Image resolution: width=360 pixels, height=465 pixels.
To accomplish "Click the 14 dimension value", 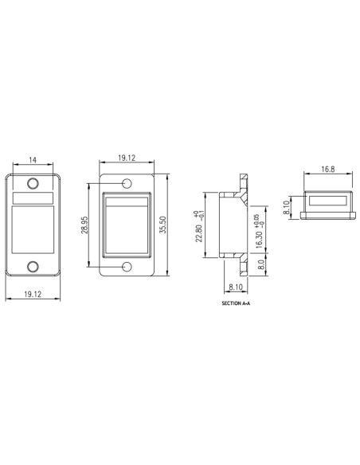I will pyautogui.click(x=32, y=161).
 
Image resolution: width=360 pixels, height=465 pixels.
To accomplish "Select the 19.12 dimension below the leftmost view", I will pyautogui.click(x=32, y=294).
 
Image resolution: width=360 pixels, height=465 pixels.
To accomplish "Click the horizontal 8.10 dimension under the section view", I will pyautogui.click(x=237, y=290).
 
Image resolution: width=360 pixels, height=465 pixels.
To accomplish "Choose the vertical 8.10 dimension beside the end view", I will pyautogui.click(x=287, y=208).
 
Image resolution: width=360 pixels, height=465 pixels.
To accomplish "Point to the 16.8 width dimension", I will pyautogui.click(x=327, y=170).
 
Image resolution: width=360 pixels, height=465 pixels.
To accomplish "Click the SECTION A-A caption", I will pyautogui.click(x=237, y=303).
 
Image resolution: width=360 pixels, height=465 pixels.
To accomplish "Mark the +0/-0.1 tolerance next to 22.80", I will pyautogui.click(x=200, y=215).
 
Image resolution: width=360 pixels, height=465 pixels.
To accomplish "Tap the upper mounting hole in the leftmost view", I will pyautogui.click(x=33, y=185).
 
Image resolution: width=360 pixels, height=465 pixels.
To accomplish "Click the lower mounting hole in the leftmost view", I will pyautogui.click(x=33, y=266).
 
